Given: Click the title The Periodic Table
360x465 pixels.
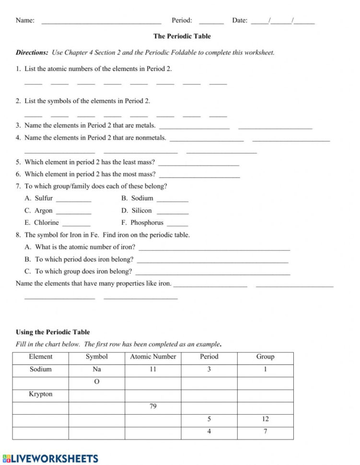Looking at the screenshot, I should pyautogui.click(x=182, y=36).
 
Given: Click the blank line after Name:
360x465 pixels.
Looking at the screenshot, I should pyautogui.click(x=101, y=22).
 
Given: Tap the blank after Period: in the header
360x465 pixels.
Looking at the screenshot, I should pyautogui.click(x=211, y=22).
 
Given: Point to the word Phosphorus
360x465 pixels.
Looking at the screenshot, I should pyautogui.click(x=147, y=222).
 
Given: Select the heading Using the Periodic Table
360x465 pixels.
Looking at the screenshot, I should pyautogui.click(x=53, y=332).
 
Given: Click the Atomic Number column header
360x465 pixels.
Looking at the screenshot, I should pyautogui.click(x=153, y=357).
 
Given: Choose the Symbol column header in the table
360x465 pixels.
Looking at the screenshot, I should pyautogui.click(x=96, y=357).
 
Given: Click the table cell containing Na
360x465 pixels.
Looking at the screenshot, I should pyautogui.click(x=96, y=369).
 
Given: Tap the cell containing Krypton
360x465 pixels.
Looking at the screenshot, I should pyautogui.click(x=41, y=394).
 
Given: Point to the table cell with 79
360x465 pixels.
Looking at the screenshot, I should pyautogui.click(x=153, y=407).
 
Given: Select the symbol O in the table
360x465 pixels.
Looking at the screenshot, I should pyautogui.click(x=96, y=382).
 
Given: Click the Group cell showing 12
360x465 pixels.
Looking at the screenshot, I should pyautogui.click(x=265, y=419).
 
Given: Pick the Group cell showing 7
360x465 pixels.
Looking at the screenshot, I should pyautogui.click(x=265, y=431).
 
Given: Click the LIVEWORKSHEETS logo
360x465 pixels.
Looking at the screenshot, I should pyautogui.click(x=50, y=458).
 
